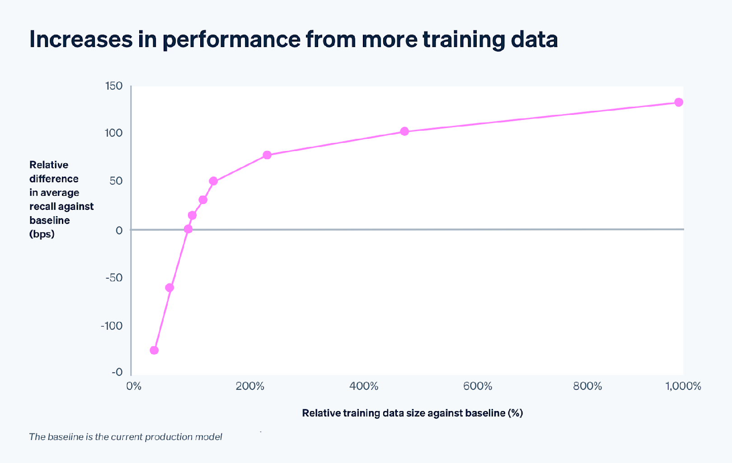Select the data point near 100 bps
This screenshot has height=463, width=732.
tap(404, 132)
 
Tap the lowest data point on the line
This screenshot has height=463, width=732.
tap(154, 350)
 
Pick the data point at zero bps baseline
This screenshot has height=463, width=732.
tap(188, 229)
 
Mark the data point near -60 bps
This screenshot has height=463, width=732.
tap(169, 288)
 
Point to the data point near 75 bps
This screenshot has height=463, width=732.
tap(267, 155)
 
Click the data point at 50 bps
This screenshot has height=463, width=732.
tap(213, 181)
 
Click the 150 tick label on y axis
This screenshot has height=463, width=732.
tap(113, 86)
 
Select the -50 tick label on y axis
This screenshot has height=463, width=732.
tap(114, 278)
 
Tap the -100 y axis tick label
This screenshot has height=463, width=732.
tap(112, 326)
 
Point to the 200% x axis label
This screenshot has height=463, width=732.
tap(250, 386)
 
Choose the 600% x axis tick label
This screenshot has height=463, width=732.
tap(478, 386)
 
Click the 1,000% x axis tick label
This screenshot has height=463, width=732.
tap(683, 386)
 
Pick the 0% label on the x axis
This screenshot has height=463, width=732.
tap(134, 386)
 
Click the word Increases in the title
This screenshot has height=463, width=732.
tap(81, 39)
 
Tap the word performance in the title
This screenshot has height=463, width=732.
tap(231, 39)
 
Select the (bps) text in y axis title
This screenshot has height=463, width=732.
tap(42, 234)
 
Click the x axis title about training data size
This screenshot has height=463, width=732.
tap(412, 413)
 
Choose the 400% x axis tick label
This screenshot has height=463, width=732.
tap(364, 386)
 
